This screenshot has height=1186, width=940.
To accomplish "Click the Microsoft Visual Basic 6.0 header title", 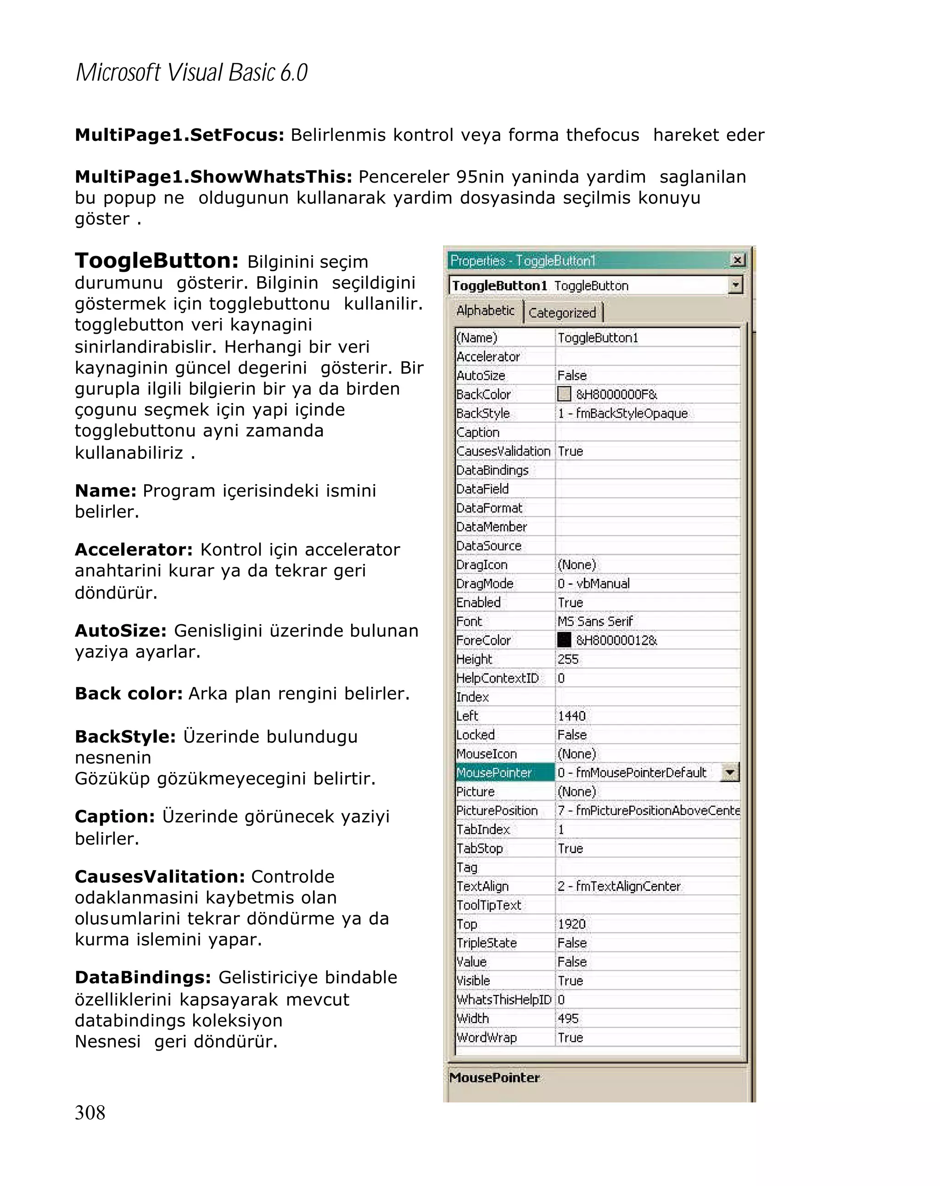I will coord(191,73).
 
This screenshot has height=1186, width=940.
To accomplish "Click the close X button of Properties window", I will coord(738,260).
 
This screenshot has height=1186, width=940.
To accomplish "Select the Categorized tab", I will coord(562,313).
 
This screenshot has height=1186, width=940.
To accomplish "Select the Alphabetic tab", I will coord(485,311).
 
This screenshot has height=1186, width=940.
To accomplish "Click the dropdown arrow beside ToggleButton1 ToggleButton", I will coord(735,285).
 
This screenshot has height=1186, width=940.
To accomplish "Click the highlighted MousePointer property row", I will coord(494,772).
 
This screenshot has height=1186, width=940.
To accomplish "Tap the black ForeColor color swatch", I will coord(564,640).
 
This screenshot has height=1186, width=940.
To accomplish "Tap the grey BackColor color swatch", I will coord(564,394).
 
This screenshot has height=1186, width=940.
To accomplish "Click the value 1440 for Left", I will coord(571,716).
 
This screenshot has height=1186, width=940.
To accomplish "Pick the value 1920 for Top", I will coord(571,923).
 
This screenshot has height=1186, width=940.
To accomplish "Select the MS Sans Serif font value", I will coord(595,621).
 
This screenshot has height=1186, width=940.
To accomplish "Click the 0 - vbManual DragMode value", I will coord(593,583).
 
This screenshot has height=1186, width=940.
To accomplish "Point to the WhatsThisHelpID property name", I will coord(504,1000).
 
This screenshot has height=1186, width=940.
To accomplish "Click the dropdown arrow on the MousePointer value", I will coord(730,772).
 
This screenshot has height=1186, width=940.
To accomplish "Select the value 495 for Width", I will coord(568,1018).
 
